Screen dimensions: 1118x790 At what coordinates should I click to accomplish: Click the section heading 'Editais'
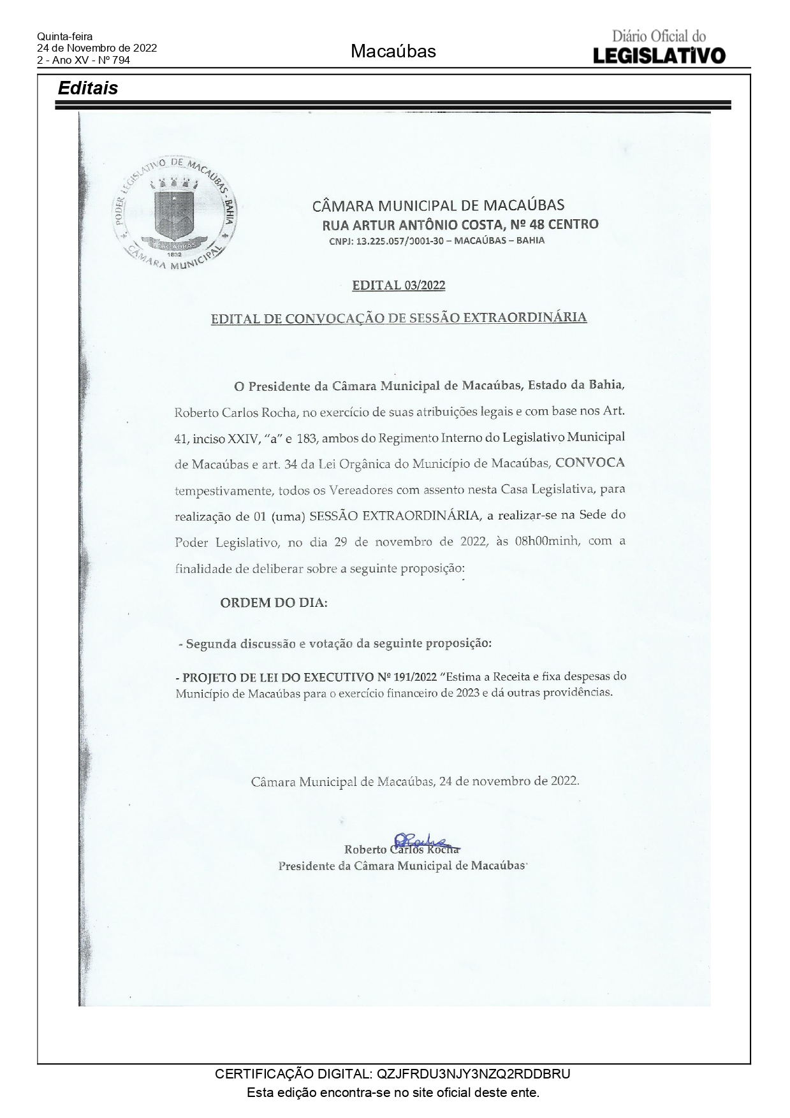(x=88, y=88)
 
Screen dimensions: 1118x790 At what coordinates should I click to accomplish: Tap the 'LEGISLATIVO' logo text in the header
(x=659, y=55)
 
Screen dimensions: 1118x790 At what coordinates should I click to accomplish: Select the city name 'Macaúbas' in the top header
(x=393, y=52)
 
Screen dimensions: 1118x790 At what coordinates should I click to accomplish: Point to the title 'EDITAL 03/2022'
(x=399, y=286)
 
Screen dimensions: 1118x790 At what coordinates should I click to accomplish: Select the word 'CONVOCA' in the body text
(x=590, y=463)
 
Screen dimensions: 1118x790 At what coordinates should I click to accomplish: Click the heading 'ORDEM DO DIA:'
(x=274, y=602)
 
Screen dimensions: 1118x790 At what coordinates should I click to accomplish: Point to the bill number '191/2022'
(x=415, y=676)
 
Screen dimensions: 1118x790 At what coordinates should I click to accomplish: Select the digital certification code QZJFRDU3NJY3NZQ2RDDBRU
(x=474, y=1074)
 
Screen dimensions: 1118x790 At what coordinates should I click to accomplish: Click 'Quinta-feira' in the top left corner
(x=64, y=37)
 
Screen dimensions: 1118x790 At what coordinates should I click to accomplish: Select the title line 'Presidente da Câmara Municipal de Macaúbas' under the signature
(x=401, y=866)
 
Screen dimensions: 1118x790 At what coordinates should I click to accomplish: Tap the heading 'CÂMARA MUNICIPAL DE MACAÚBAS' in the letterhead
(x=438, y=205)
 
